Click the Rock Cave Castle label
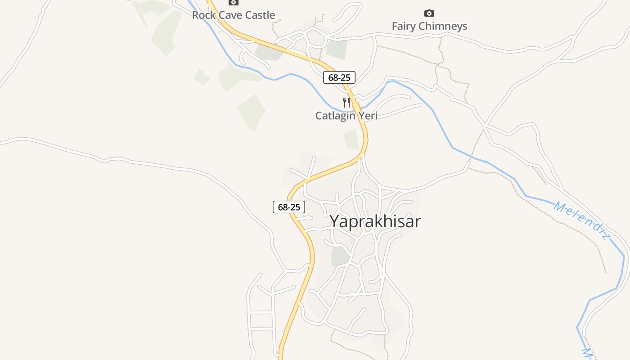coord(233,15)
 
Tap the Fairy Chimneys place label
coord(429,27)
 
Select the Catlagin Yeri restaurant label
coord(346,116)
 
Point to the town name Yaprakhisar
coord(375,221)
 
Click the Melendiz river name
coord(581,220)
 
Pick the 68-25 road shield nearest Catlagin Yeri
coord(339,77)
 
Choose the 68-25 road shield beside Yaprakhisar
coord(289,207)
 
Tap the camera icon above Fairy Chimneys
coord(429,13)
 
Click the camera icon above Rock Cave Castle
coord(233,3)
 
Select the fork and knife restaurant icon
coord(346,103)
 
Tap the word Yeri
coord(367,116)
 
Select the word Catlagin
coord(335,116)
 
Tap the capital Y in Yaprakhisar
coord(335,221)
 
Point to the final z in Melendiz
coord(605,236)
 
